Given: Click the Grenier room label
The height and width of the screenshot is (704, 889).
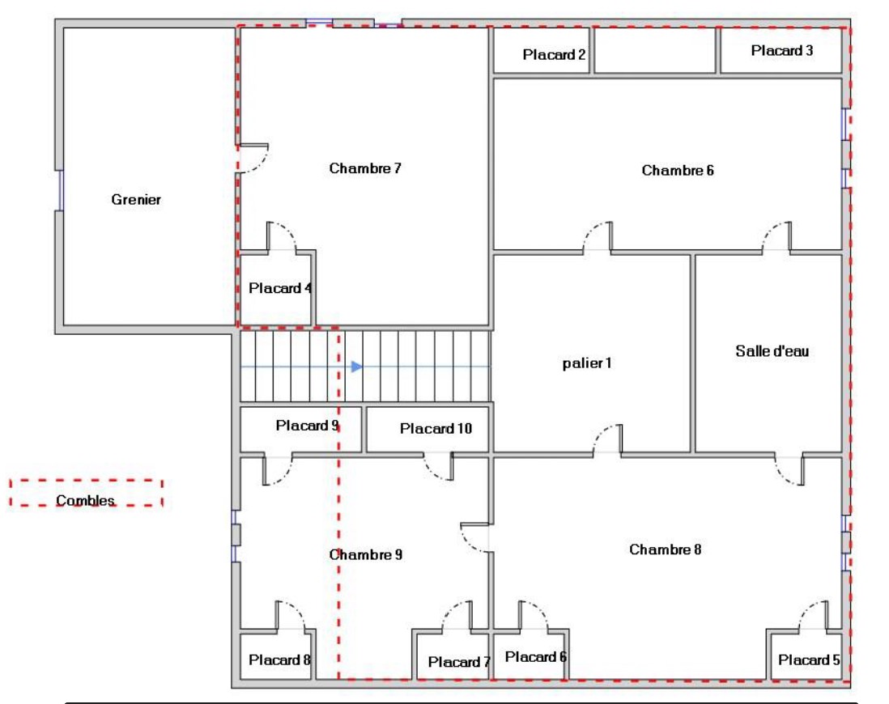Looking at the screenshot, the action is (x=136, y=200).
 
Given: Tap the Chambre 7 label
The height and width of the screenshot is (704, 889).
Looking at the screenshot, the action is (x=365, y=168).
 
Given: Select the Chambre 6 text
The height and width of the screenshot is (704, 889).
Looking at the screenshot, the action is (x=678, y=170).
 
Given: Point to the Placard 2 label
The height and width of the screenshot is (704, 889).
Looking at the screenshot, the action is (x=554, y=54).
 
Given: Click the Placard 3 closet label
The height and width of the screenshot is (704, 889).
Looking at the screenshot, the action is (x=782, y=50).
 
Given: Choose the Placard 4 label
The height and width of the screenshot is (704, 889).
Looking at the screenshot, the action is (x=280, y=288).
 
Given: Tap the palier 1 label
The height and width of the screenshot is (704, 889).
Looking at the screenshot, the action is (x=587, y=363).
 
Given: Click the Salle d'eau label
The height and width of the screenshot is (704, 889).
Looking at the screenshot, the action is (x=772, y=351).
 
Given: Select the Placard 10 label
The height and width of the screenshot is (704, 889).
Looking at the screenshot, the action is (x=436, y=429).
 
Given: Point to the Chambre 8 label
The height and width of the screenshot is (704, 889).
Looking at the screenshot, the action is (x=665, y=549).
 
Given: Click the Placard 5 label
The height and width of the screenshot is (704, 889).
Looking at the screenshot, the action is (x=809, y=659).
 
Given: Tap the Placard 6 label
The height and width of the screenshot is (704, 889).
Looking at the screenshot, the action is (x=536, y=656).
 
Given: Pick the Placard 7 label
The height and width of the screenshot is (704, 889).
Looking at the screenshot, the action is (x=459, y=662).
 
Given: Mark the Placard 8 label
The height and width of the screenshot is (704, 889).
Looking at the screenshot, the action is (x=279, y=659).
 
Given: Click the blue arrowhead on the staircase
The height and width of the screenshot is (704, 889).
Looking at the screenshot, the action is (x=356, y=367).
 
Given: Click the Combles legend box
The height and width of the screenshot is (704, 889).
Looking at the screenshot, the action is (x=86, y=493).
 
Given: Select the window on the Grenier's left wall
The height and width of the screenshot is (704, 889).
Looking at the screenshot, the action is (x=60, y=190).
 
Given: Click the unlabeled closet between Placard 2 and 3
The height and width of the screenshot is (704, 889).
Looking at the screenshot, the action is (x=655, y=50).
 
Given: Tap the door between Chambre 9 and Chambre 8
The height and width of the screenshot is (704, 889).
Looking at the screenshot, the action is (x=474, y=537).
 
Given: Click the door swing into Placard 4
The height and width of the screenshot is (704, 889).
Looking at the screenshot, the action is (x=281, y=235).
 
